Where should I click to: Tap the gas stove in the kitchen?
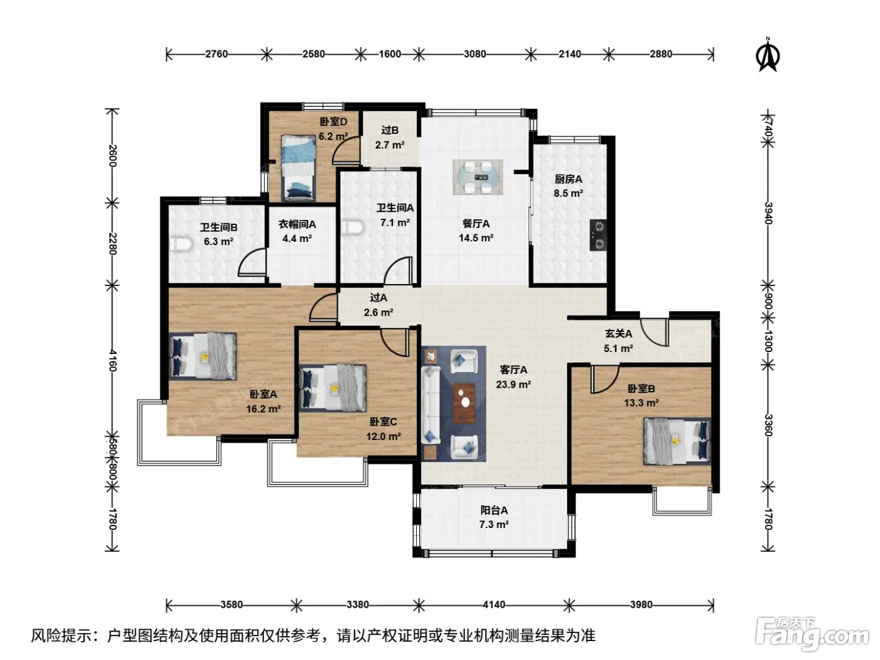598,235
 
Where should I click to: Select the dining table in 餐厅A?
478,177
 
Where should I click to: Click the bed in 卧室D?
298,168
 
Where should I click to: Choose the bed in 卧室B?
677,442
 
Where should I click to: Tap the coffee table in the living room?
465,403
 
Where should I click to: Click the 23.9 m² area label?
513,384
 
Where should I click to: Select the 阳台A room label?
494,510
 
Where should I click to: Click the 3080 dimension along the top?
475,53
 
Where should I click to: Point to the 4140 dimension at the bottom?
493,605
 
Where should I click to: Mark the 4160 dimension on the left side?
113,360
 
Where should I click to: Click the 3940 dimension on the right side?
767,214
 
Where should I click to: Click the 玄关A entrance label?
619,333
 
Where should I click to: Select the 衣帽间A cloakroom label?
297,224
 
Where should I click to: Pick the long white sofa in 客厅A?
431,405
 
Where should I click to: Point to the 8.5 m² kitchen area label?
568,193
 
